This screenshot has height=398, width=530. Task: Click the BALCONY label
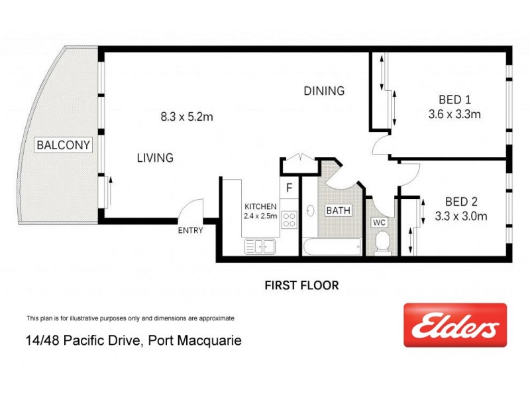coord(63,145)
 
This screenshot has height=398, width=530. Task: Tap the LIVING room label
coord(155,158)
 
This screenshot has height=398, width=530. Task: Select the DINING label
coord(324,91)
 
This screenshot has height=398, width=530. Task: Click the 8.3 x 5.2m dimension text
coord(186,117)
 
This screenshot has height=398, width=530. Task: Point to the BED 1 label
coord(454,100)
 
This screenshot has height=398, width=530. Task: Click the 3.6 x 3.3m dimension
coord(454,113)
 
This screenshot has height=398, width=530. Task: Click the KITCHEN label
coord(260,206)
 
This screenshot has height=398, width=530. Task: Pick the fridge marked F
coord(289,188)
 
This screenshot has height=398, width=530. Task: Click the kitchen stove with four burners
coord(290,220)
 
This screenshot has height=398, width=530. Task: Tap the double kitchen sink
coord(260,247)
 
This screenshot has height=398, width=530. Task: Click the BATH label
coord(338,211)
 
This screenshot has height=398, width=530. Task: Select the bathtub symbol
coord(332,247)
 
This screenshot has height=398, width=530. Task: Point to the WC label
coord(379,222)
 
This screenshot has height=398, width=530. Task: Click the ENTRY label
coord(189,230)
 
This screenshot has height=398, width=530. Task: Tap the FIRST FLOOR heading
coord(301,286)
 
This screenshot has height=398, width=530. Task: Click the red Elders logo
coord(455,325)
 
